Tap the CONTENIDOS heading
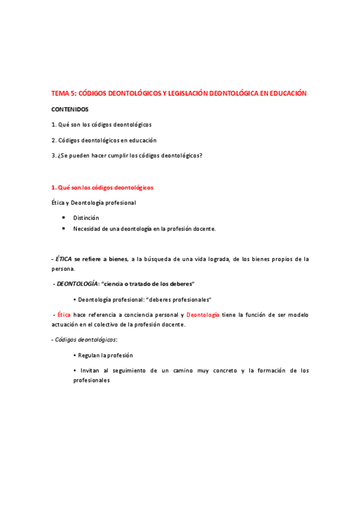(70, 109)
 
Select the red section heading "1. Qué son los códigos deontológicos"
(102, 188)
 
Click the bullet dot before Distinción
(64, 218)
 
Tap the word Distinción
(86, 218)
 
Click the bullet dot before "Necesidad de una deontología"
(64, 229)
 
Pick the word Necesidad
(88, 229)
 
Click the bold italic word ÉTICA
(64, 259)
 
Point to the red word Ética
(64, 315)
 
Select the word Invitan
(88, 370)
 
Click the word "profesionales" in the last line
(91, 381)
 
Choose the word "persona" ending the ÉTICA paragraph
(63, 269)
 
